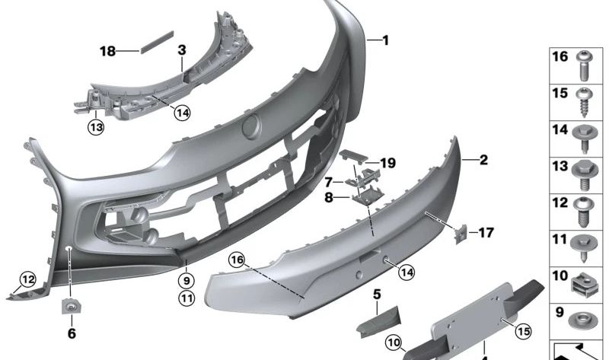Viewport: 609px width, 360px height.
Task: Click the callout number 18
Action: click(x=107, y=51)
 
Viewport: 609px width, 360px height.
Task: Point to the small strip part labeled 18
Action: click(x=157, y=42)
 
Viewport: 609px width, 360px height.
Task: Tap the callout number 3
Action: click(x=182, y=50)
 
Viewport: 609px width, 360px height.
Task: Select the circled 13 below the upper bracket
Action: click(x=96, y=127)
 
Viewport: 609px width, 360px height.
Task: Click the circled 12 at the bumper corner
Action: click(x=28, y=279)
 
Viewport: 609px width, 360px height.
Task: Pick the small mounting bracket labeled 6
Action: click(x=71, y=307)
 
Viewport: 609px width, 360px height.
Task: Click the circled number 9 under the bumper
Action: click(x=187, y=280)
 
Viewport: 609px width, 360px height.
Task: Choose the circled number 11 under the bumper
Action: click(x=187, y=298)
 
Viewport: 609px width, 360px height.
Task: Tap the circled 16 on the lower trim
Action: click(x=237, y=260)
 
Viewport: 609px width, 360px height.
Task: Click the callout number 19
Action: click(x=387, y=163)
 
